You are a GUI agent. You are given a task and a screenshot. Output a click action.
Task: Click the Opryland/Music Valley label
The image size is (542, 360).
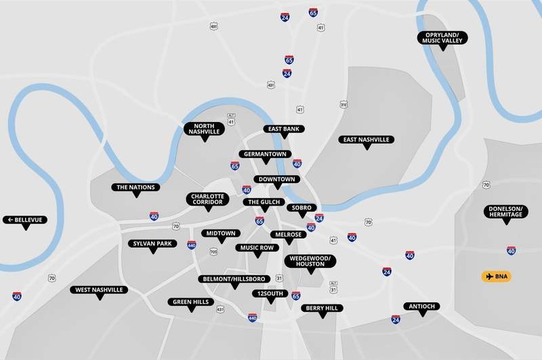point(442,38)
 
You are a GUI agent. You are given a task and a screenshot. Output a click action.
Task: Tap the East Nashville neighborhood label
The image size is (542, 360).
point(366,140)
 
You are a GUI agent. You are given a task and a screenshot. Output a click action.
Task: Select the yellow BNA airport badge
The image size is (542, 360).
point(497,277)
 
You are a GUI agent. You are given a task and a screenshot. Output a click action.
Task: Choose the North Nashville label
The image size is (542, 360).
point(204,129)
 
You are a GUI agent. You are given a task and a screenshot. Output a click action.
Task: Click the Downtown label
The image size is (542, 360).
point(276,179)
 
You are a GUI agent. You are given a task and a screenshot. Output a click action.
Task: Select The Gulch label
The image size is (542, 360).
point(262,202)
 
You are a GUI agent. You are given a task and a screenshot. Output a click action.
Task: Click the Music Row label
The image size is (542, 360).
point(256,247)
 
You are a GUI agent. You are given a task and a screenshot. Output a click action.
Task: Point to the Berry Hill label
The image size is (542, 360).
point(322,308)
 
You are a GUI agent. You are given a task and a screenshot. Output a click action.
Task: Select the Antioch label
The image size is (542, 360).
point(422,306)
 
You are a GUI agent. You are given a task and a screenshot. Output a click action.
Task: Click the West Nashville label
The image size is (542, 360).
point(99,289)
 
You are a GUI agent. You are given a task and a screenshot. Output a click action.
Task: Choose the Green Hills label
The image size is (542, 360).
point(191,302)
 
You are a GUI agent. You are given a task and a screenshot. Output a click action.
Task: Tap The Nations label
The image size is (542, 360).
point(136,187)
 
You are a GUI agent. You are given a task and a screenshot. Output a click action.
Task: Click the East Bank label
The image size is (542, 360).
point(285,128)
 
